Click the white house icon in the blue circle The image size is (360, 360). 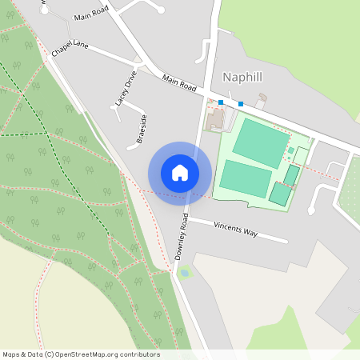[x=180, y=172]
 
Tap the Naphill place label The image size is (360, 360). [x=242, y=78]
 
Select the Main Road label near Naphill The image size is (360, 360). [x=178, y=82]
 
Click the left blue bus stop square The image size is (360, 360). [x=220, y=102]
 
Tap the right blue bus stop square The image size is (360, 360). [x=240, y=104]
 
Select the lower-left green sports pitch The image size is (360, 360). [x=246, y=178]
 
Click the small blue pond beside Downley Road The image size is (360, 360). [x=186, y=273]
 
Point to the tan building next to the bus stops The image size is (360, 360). [x=214, y=121]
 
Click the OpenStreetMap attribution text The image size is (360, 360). [x=81, y=354]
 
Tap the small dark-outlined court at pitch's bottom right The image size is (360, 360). [x=280, y=194]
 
